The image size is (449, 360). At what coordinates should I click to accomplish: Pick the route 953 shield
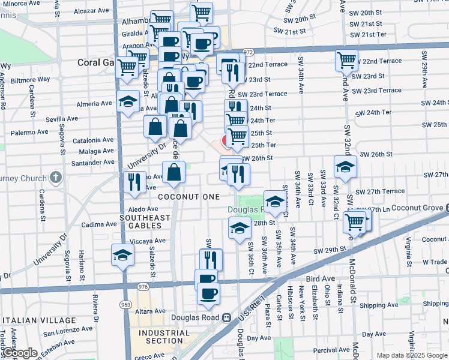coord(125,304)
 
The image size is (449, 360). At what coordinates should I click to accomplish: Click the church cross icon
coord(55,178)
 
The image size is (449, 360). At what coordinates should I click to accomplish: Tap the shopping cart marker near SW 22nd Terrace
coord(346,60)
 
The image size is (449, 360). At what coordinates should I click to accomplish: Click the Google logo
coord(20,353)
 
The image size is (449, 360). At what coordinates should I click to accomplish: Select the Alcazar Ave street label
coord(92,11)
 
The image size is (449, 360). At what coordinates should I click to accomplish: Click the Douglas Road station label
coord(197,317)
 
